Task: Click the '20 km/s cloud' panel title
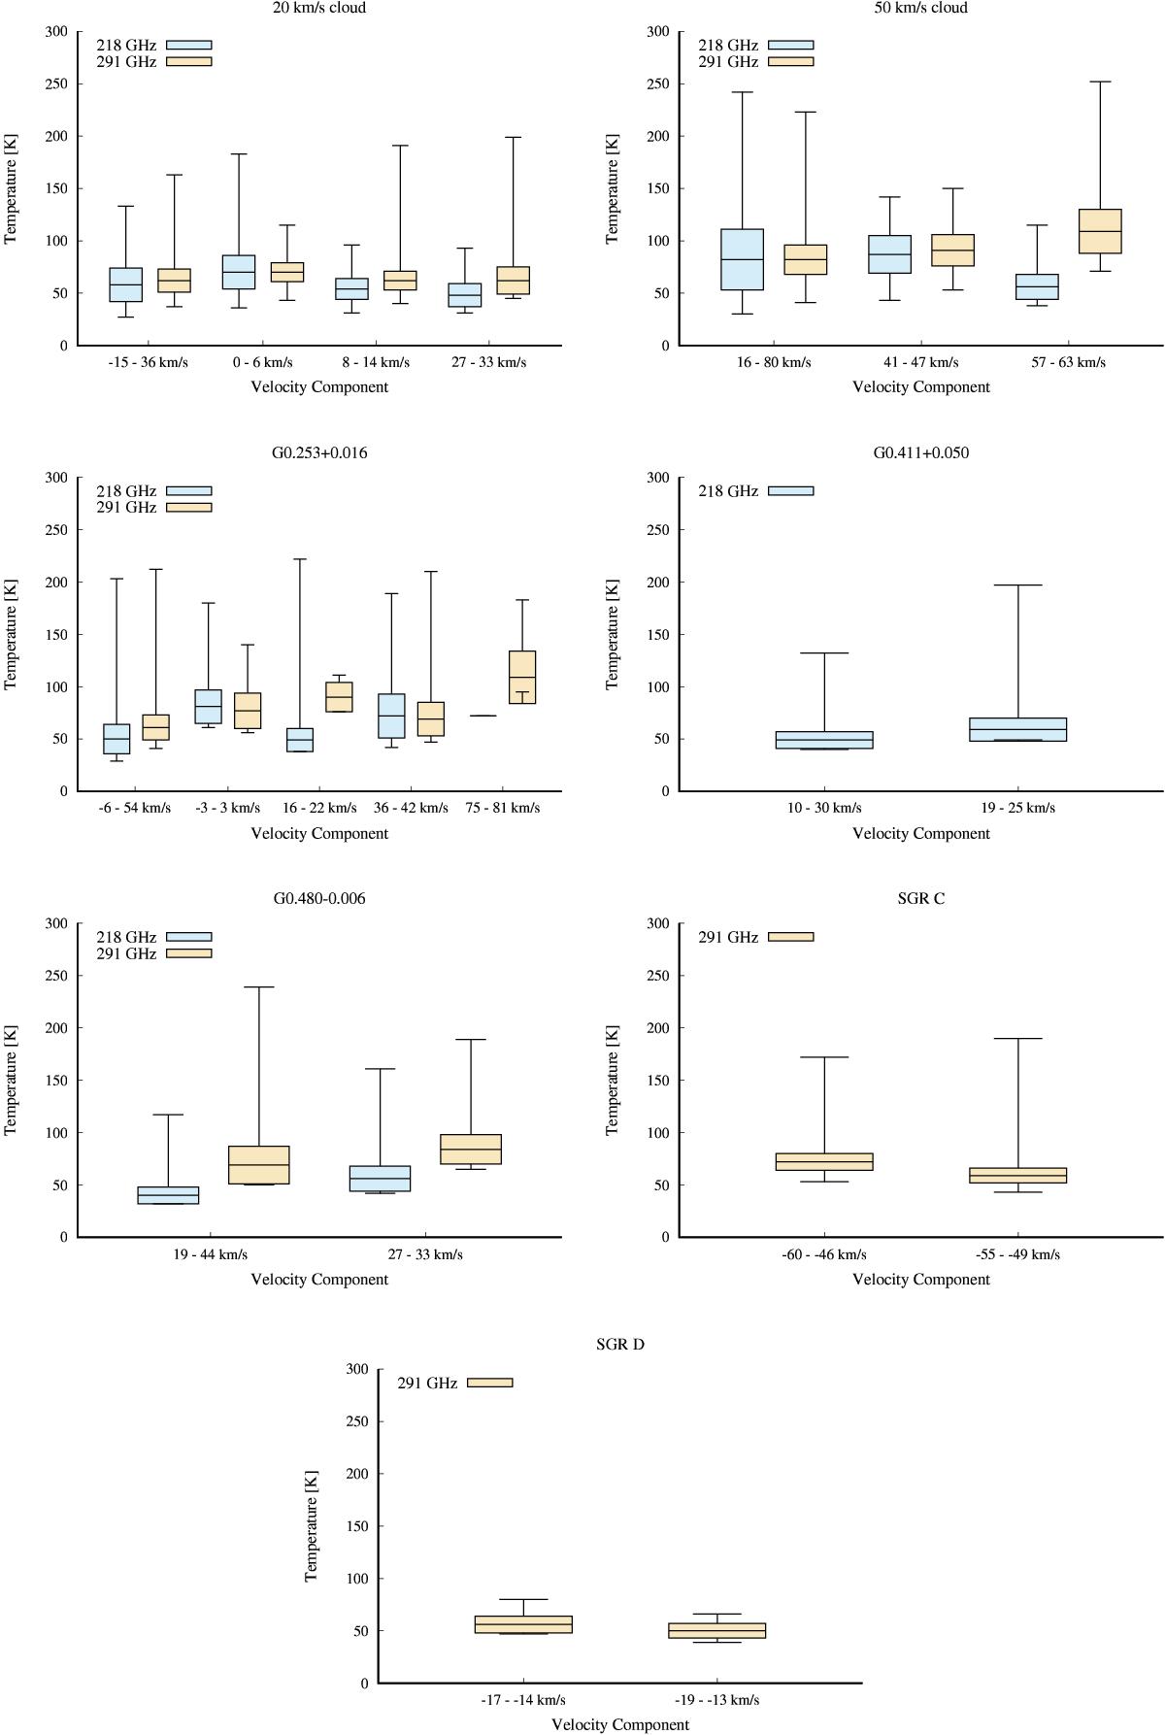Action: point(319,8)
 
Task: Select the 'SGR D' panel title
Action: point(619,1345)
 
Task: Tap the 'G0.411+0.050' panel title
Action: point(920,452)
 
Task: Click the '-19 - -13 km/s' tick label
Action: point(716,1699)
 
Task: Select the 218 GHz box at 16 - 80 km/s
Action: point(742,259)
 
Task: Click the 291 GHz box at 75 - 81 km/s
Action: point(522,677)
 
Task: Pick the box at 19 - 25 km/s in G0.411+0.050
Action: point(1017,729)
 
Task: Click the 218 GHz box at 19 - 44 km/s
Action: point(168,1195)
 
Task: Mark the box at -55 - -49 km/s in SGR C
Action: point(1017,1175)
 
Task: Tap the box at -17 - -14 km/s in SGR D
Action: point(523,1624)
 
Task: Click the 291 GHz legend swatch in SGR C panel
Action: point(790,937)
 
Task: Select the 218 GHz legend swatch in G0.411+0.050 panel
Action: point(790,491)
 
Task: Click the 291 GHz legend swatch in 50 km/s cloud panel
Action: point(790,61)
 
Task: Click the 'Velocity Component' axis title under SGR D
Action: point(619,1724)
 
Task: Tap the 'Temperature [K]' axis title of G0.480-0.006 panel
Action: point(12,1080)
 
